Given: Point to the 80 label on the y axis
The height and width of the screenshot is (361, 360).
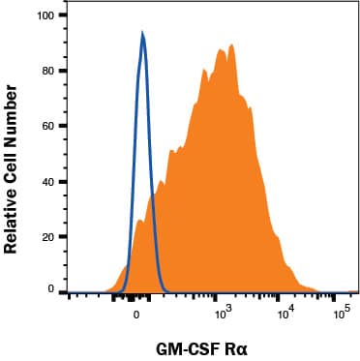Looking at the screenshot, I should coord(45,71).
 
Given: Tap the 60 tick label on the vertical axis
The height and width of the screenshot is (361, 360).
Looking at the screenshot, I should coord(45,126).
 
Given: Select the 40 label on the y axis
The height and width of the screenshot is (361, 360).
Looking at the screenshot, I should coord(45,181).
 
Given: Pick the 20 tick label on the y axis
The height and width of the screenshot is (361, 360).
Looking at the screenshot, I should coord(45,235).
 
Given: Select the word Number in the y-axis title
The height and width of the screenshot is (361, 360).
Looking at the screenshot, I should coord(15,105).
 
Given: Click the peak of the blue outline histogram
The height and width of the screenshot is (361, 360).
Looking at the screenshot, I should coord(143,34).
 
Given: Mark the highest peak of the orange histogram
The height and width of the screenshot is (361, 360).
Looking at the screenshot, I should coord(233,45).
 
